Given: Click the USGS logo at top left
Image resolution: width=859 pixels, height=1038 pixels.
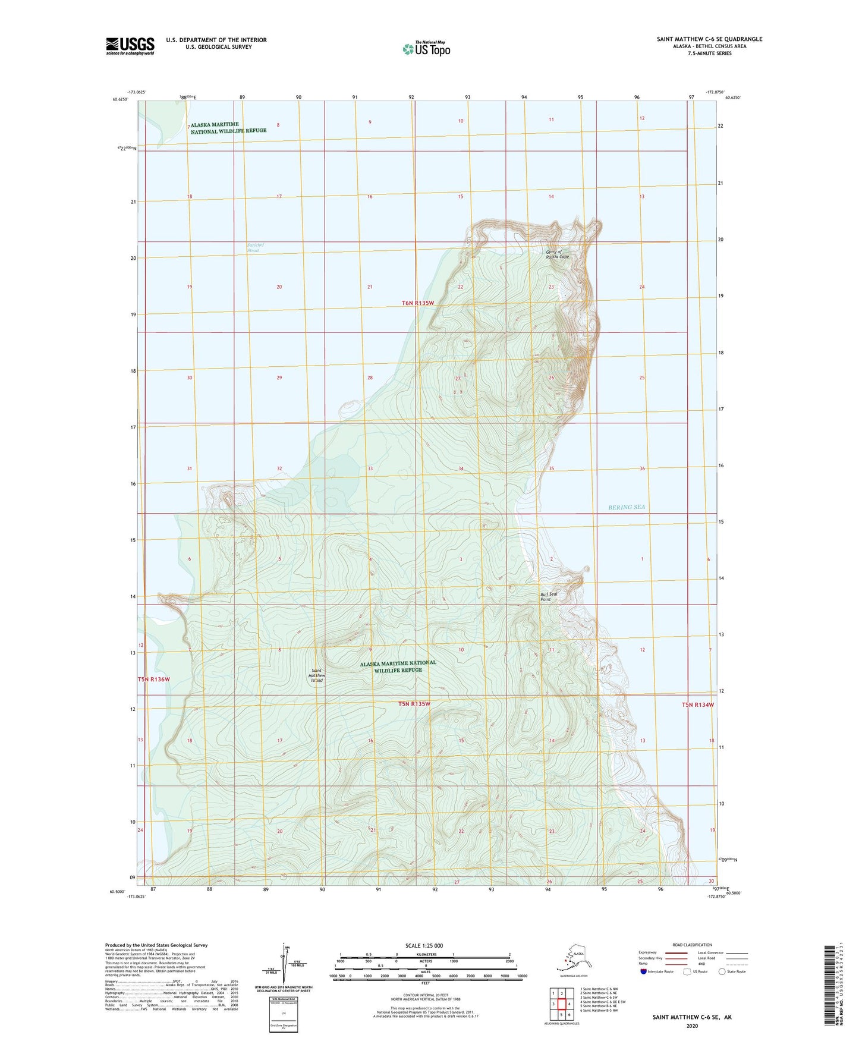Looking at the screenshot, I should tap(130, 46).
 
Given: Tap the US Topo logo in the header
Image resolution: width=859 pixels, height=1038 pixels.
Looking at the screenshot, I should tap(426, 48).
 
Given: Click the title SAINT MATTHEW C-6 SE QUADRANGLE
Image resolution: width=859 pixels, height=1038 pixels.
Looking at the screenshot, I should tap(709, 39).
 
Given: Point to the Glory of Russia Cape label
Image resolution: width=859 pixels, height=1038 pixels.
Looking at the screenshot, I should tap(557, 254).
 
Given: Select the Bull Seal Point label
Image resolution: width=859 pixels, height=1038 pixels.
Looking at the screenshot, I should tap(549, 596).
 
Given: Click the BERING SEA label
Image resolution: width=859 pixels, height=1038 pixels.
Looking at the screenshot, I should tap(626, 507).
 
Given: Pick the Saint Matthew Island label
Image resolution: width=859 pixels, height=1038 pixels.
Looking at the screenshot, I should tap(316, 676).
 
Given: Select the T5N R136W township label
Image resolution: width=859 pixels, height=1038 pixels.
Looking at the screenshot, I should tap(153, 679).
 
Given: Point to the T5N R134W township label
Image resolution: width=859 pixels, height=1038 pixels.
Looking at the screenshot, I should tap(697, 704).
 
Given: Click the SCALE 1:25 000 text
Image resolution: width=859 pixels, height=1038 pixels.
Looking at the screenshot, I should tap(424, 946).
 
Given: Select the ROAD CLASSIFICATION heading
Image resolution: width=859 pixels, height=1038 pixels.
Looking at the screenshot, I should tap(692, 945).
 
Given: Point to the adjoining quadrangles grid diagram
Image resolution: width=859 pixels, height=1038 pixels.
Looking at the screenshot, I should tap(561, 1004).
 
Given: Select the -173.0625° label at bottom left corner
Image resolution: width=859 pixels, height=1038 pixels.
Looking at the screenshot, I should tap(136, 897).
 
